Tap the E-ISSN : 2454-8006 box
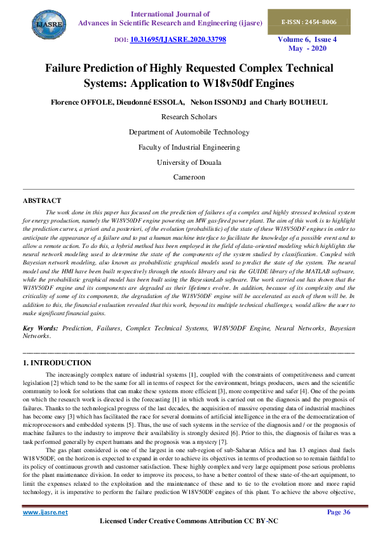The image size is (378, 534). pyautogui.click(x=309, y=22)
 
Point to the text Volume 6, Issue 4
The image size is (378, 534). pyautogui.click(x=307, y=39)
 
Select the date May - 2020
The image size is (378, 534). pyautogui.click(x=307, y=48)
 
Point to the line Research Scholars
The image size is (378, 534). pyautogui.click(x=189, y=117)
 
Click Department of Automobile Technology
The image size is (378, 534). pyautogui.click(x=189, y=132)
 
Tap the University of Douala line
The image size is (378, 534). pyautogui.click(x=189, y=162)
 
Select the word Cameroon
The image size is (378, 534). pyautogui.click(x=189, y=178)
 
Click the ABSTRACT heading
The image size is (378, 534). pyautogui.click(x=42, y=200)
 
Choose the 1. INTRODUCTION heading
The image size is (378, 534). pyautogui.click(x=57, y=363)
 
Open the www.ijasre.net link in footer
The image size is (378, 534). pyautogui.click(x=45, y=512)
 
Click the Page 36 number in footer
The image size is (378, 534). pyautogui.click(x=339, y=512)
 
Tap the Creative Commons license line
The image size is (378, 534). pyautogui.click(x=189, y=521)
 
